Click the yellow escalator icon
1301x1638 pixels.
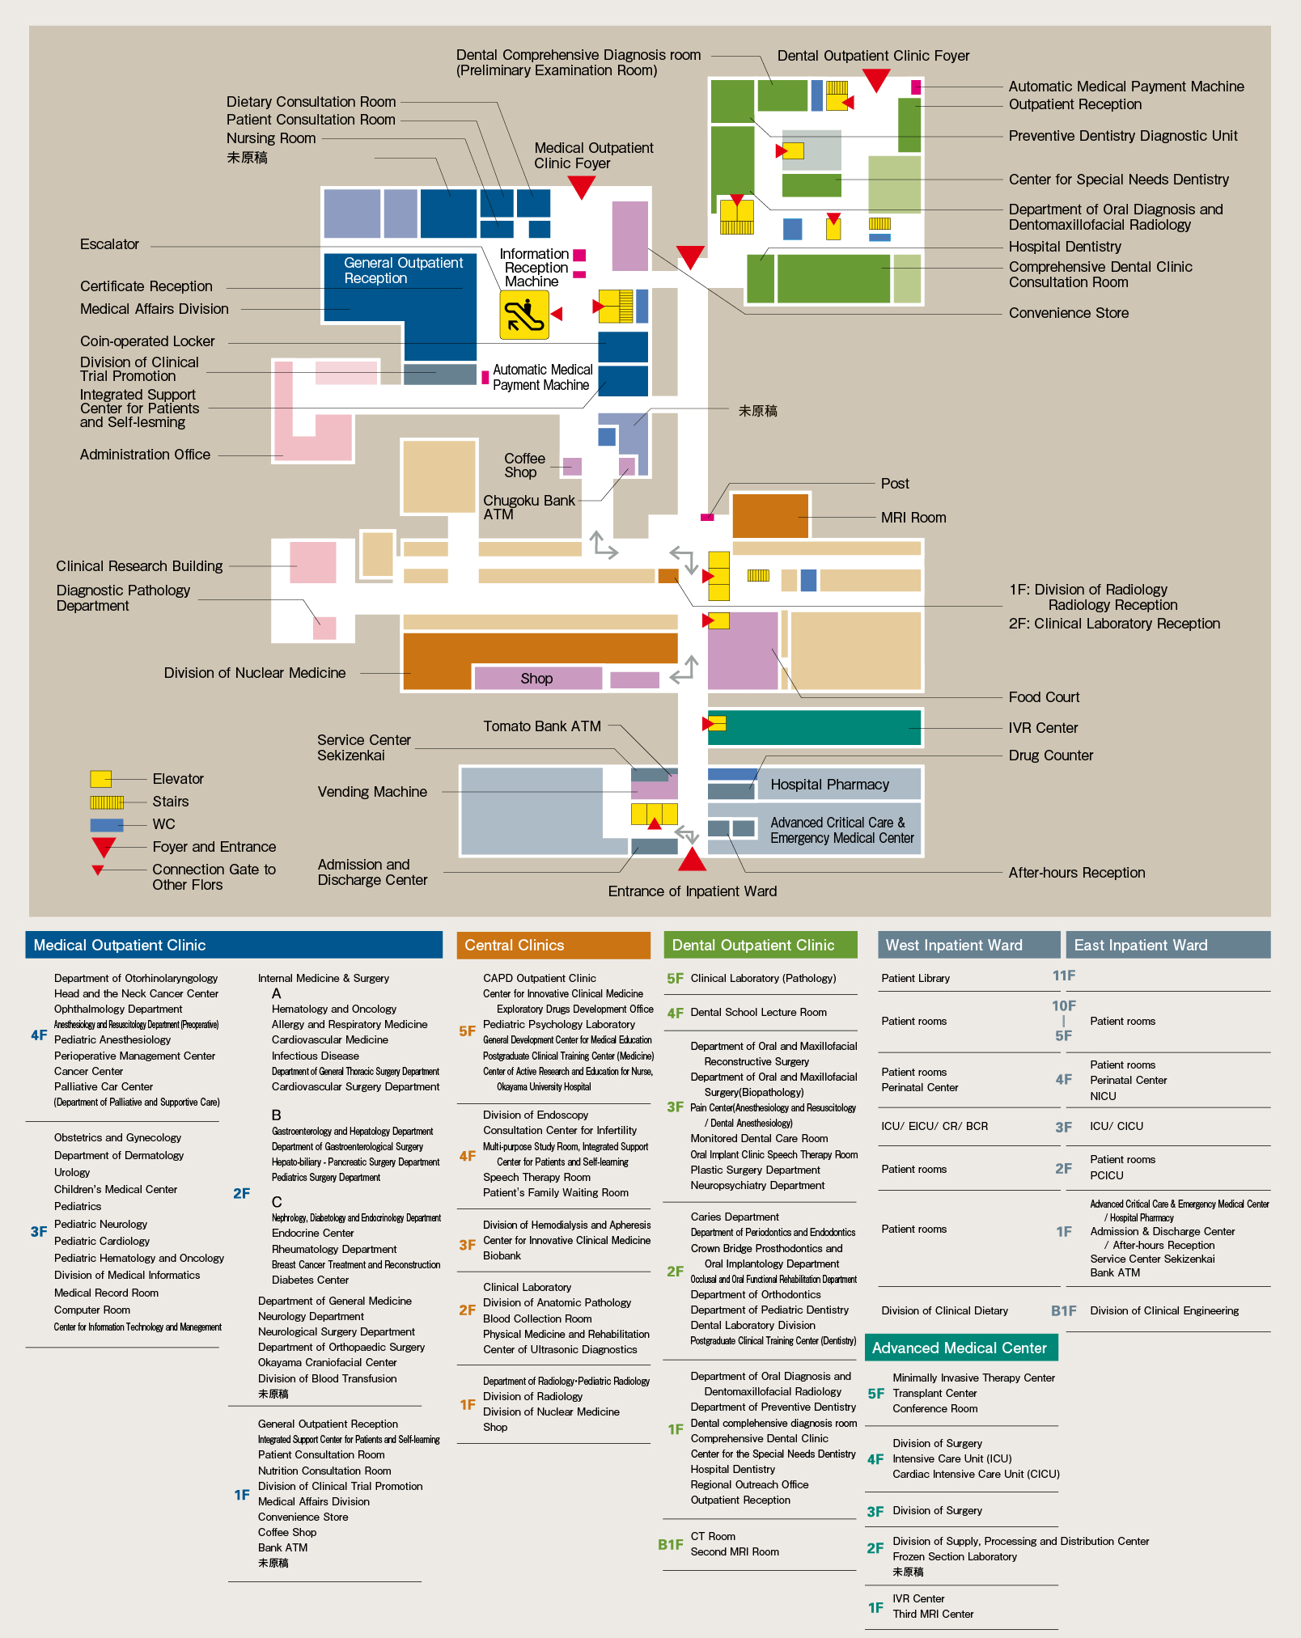click(524, 315)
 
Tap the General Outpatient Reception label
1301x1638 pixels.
click(403, 270)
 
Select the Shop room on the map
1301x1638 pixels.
click(537, 678)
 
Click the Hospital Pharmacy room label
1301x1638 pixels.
click(829, 785)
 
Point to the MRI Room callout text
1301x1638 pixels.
click(913, 518)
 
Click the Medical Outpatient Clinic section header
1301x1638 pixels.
click(234, 945)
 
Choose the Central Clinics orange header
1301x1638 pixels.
click(553, 945)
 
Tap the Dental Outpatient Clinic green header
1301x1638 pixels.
click(761, 945)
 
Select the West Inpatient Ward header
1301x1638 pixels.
click(969, 945)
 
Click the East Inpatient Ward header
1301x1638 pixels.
click(1168, 945)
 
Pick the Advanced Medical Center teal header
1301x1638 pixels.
click(961, 1348)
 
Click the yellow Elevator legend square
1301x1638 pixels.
click(100, 779)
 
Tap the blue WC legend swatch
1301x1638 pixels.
click(107, 825)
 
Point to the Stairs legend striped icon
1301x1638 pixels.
click(107, 802)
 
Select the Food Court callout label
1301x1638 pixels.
click(1044, 697)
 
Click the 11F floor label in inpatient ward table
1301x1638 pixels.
click(1064, 976)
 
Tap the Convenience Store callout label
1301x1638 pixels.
click(1068, 313)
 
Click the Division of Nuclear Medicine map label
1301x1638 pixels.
click(255, 673)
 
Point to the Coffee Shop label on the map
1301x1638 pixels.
click(524, 465)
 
